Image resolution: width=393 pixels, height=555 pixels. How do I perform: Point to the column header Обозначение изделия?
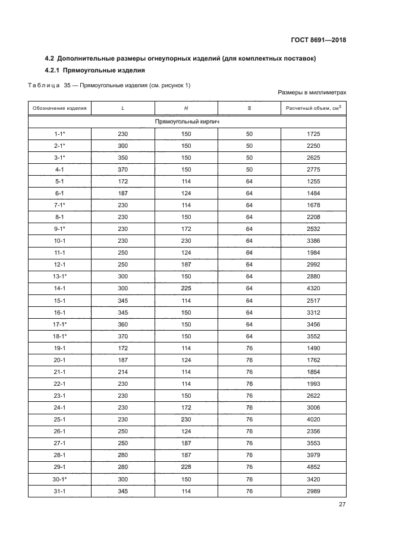coord(59,108)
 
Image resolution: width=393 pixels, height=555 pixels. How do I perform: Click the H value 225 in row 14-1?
coord(186,287)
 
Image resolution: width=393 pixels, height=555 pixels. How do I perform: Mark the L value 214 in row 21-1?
coord(123,370)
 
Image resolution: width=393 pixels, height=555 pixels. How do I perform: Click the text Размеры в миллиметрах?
coord(312,93)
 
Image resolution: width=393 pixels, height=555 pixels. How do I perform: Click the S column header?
coord(249,108)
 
